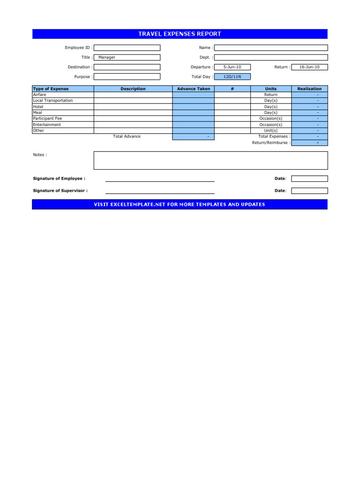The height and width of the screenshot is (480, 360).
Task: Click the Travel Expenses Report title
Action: (180, 34)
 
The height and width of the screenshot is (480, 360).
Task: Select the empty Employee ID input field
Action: (127, 48)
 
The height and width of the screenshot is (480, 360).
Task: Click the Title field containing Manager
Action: (127, 58)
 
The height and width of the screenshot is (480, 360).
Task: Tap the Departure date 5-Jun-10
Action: (232, 67)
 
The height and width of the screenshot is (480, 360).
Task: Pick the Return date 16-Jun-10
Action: (309, 67)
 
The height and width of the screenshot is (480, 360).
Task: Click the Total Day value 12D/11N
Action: (232, 77)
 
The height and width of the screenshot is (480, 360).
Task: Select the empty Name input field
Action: (271, 48)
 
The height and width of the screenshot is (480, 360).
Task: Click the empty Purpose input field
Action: (127, 77)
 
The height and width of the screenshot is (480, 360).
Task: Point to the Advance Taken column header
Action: (194, 89)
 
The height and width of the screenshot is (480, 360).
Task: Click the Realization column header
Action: (309, 89)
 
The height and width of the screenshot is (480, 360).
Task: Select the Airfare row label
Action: (40, 95)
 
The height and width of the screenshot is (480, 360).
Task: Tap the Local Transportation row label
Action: (52, 101)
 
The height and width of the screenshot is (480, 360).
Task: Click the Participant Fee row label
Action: (47, 119)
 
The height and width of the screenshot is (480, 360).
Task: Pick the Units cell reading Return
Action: (271, 95)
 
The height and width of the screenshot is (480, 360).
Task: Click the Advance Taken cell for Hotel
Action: (194, 107)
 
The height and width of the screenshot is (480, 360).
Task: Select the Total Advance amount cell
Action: (194, 136)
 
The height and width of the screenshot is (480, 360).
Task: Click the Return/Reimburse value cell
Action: (309, 142)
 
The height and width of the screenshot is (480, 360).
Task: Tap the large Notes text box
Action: (210, 160)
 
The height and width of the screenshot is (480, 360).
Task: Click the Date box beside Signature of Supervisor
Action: (309, 191)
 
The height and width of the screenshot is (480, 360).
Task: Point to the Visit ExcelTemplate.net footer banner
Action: (180, 204)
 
